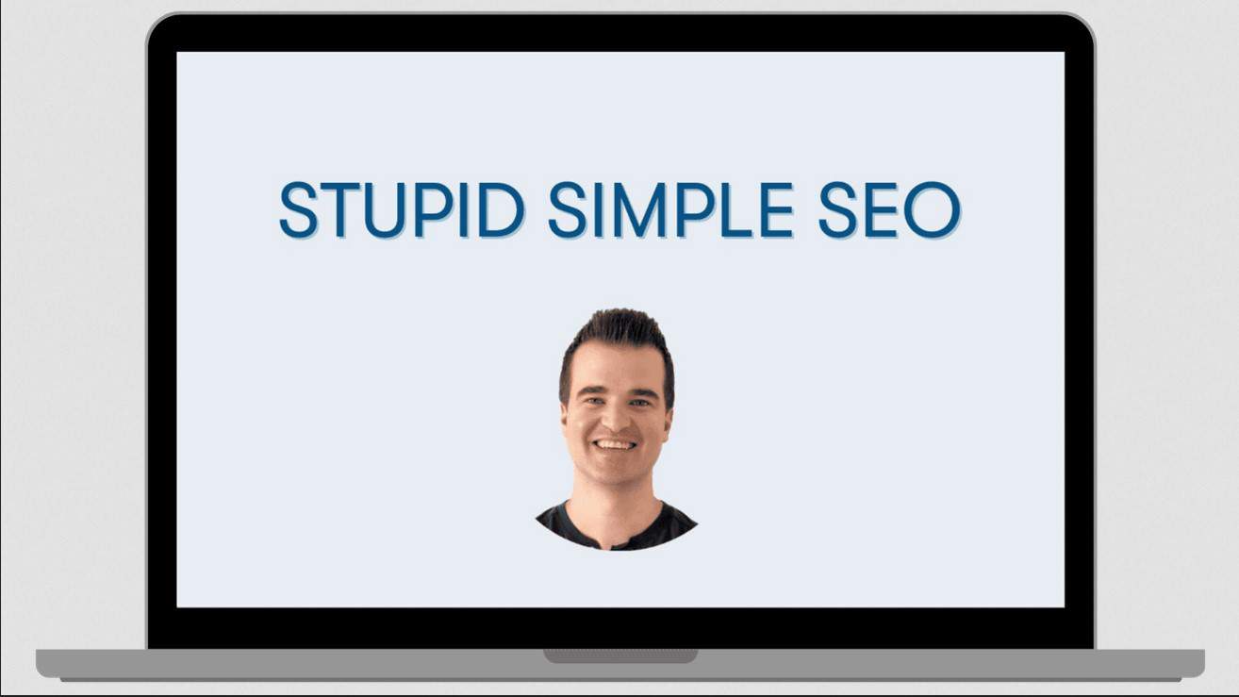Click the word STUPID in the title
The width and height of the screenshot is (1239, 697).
(x=402, y=210)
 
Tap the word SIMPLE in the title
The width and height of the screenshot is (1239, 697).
(x=670, y=210)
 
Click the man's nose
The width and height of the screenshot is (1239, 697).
(x=615, y=416)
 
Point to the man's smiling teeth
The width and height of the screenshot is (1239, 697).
(x=616, y=443)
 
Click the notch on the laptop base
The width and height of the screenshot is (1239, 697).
(x=619, y=656)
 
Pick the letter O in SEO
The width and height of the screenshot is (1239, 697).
(x=932, y=210)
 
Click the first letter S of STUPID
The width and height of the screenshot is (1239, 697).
(x=298, y=210)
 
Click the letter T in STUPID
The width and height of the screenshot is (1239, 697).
(x=340, y=210)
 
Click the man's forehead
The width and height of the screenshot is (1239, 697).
(x=615, y=368)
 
